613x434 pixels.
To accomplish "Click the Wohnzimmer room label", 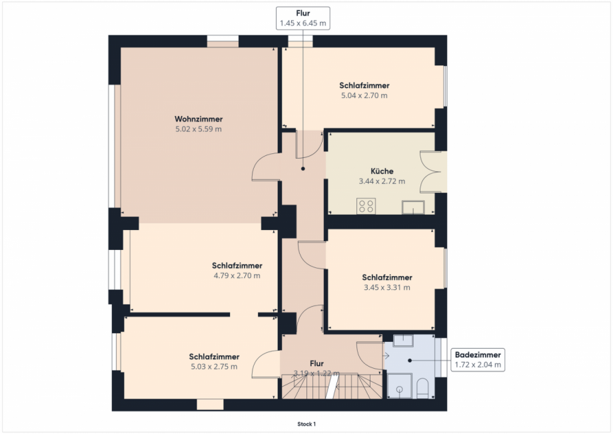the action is pyautogui.click(x=199, y=119).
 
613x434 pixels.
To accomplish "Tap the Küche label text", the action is pyautogui.click(x=382, y=171).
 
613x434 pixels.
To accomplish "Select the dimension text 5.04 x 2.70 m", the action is pyautogui.click(x=364, y=95).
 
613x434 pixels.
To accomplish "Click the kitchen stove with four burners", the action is pyautogui.click(x=366, y=206).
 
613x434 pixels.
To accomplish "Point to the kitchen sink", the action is pyautogui.click(x=413, y=207).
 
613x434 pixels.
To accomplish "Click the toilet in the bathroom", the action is pyautogui.click(x=422, y=388).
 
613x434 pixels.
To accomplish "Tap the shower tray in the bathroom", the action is pyautogui.click(x=400, y=385).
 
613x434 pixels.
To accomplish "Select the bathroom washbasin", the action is pyautogui.click(x=403, y=341).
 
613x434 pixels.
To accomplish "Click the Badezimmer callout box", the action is pyautogui.click(x=478, y=360).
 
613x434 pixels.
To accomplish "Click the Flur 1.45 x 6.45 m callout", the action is pyautogui.click(x=303, y=19).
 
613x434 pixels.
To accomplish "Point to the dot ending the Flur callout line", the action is pyautogui.click(x=303, y=169).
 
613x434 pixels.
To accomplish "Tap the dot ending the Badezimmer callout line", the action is pyautogui.click(x=410, y=360).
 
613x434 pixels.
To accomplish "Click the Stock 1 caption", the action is pyautogui.click(x=306, y=424).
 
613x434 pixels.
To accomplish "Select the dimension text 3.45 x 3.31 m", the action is pyautogui.click(x=387, y=287).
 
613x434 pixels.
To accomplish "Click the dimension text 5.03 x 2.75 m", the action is pyautogui.click(x=214, y=367).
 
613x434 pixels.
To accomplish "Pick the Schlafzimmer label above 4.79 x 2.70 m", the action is pyautogui.click(x=237, y=265).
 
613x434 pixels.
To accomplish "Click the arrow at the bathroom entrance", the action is pyautogui.click(x=386, y=356).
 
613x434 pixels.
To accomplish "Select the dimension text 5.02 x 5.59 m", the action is pyautogui.click(x=199, y=129).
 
